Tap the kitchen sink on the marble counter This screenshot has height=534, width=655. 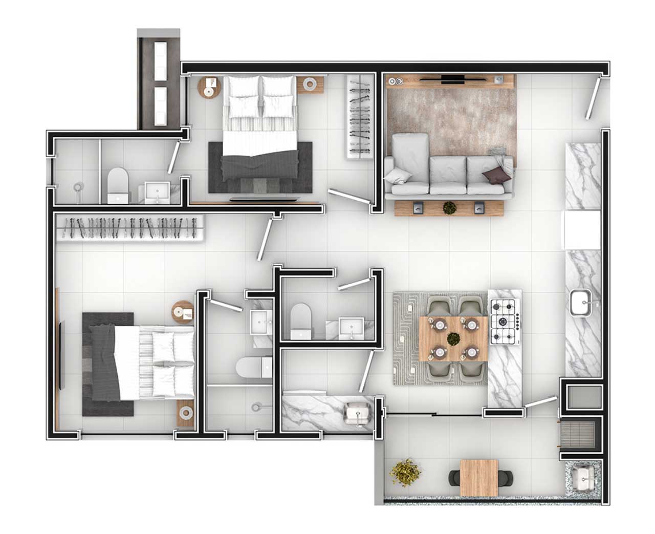[x=582, y=303]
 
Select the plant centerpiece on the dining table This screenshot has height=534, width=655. [x=453, y=338]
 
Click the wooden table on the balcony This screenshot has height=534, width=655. [x=479, y=477]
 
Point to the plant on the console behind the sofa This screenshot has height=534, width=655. [x=450, y=208]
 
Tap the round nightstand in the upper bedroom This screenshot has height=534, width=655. [x=208, y=87]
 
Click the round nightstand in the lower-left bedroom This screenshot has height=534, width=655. [x=182, y=311]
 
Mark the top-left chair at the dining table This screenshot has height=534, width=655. [x=439, y=309]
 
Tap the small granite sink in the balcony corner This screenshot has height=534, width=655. [x=582, y=478]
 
